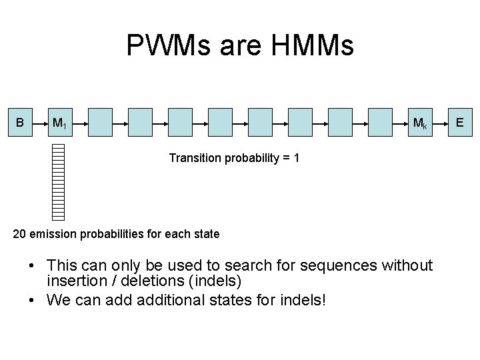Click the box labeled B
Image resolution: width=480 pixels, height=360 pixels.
20,123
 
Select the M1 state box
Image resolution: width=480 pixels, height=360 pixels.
59,123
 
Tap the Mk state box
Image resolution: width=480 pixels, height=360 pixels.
420,123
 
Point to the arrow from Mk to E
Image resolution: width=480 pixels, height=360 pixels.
441,123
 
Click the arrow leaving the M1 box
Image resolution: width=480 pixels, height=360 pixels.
81,123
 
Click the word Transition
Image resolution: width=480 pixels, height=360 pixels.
192,159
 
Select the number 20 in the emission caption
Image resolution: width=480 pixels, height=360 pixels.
20,234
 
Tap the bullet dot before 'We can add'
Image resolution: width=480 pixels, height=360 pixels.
32,300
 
